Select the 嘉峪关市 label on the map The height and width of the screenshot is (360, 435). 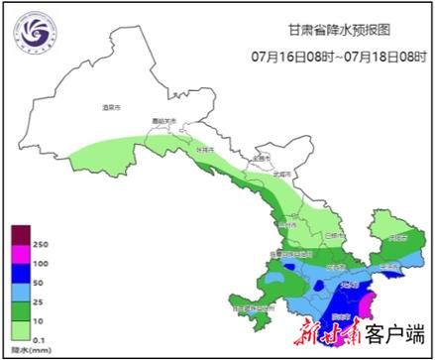tap(163, 122)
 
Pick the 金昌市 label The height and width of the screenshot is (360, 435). tap(261, 157)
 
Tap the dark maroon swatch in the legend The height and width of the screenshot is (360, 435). tap(19, 234)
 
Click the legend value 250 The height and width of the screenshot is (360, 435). tap(41, 244)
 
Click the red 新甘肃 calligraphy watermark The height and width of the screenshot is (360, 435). tap(322, 333)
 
